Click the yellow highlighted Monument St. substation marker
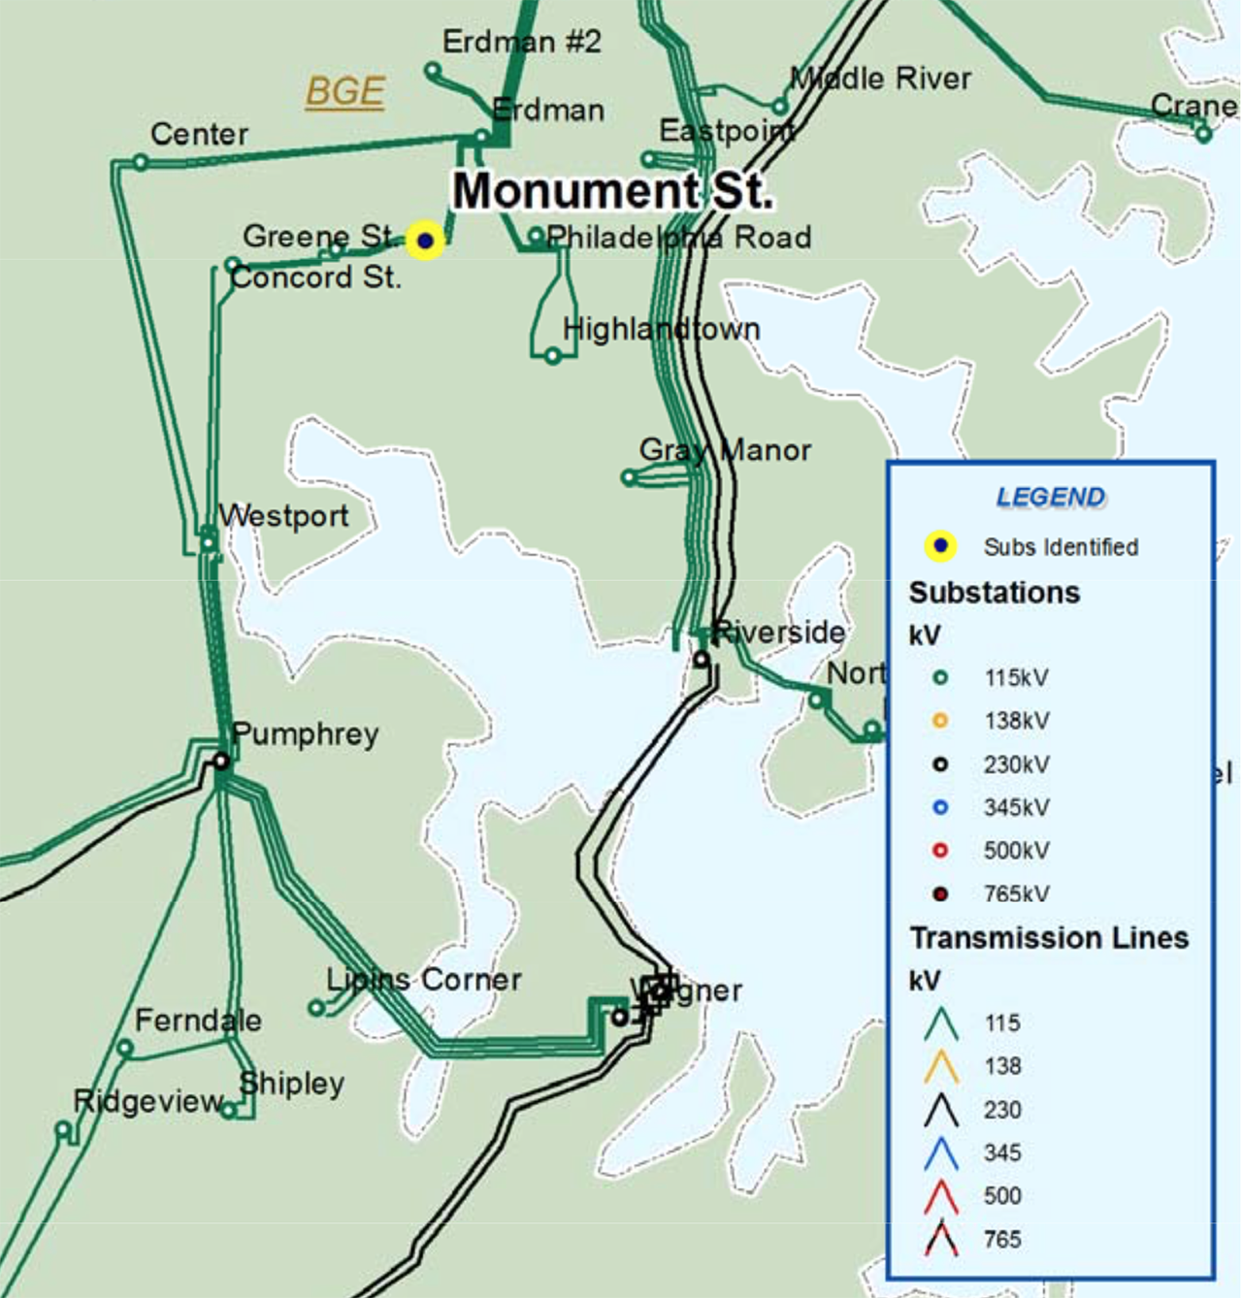[x=425, y=241]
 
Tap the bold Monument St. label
[x=612, y=191]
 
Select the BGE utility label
[x=345, y=92]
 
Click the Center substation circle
[x=141, y=163]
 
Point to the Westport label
[x=283, y=516]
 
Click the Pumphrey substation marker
[x=221, y=762]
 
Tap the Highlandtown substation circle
[x=552, y=356]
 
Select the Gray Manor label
[x=725, y=450]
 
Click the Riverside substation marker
[x=701, y=660]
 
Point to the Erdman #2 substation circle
[x=433, y=71]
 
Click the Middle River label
[x=880, y=79]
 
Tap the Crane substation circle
[x=1203, y=135]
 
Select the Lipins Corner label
[x=424, y=980]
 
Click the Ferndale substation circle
[x=125, y=1048]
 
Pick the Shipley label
[x=292, y=1084]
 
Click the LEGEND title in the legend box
[x=1050, y=498]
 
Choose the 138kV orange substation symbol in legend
[x=939, y=721]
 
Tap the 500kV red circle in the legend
[x=939, y=851]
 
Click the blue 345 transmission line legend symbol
[x=941, y=1153]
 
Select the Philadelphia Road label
[x=678, y=238]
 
